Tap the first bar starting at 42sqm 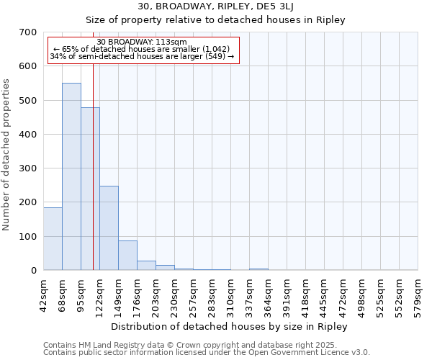tap(53, 238)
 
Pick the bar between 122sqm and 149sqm tap(109, 228)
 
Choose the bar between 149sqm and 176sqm tap(127, 255)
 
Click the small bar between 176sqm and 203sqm tap(146, 265)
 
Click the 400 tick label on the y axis tap(28, 135)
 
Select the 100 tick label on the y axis tap(28, 237)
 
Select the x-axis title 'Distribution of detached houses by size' tap(230, 326)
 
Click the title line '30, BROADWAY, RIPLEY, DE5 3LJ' tap(230, 6)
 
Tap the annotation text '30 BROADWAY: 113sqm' tap(142, 42)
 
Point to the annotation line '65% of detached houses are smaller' tap(142, 49)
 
